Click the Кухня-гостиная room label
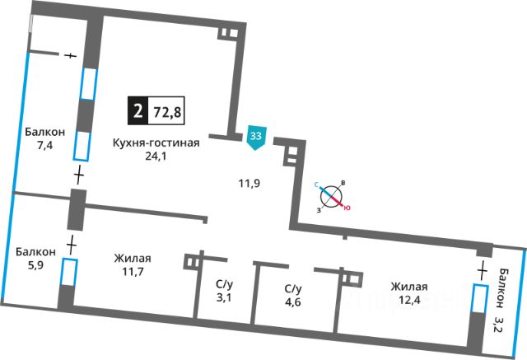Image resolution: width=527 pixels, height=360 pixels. (x=156, y=143)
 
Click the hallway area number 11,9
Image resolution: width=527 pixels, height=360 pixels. (x=248, y=182)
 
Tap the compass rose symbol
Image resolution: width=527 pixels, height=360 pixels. (x=332, y=197)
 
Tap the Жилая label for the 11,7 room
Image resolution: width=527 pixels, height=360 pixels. (x=133, y=258)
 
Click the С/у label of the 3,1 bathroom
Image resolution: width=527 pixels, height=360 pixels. (x=224, y=284)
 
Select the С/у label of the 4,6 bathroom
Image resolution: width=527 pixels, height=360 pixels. (x=294, y=288)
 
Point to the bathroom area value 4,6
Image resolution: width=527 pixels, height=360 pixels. (x=294, y=302)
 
